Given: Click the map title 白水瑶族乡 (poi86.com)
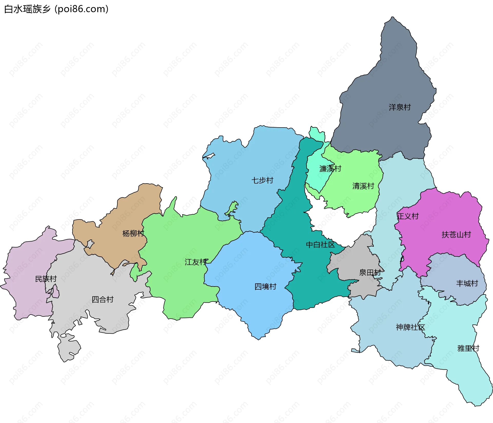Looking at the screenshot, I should click(56, 9).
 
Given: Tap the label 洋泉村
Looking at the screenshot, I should click(400, 107).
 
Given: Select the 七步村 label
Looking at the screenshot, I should click(262, 180).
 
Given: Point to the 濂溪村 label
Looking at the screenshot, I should click(330, 169).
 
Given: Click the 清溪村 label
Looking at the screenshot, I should click(363, 186).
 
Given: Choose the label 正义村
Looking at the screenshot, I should click(408, 216).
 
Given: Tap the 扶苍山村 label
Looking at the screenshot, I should click(456, 235).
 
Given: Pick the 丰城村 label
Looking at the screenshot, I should click(467, 283).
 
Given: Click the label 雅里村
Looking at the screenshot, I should click(468, 348).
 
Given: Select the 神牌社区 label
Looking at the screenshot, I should click(410, 327).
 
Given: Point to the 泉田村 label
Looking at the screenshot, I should click(370, 272).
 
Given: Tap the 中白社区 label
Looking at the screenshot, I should click(320, 245).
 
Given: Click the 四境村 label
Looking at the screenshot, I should click(265, 286).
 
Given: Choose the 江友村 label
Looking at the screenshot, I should click(196, 262).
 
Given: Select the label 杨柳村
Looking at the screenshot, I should click(133, 233).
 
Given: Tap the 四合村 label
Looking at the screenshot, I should click(102, 299).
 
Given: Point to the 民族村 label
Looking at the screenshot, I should click(46, 279).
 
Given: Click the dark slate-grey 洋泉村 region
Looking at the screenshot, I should click(385, 77).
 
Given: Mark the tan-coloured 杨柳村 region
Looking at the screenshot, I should click(128, 210).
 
